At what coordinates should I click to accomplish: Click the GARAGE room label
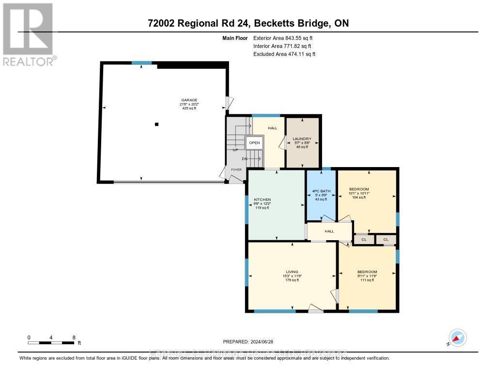point(189,100)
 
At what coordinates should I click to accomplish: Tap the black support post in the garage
point(156,124)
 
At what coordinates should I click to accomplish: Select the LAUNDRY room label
point(302,139)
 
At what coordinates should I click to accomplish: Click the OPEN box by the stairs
point(254,143)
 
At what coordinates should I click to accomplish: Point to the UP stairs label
point(235,150)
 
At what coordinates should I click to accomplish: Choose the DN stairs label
point(245,158)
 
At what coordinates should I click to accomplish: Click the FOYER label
point(236,170)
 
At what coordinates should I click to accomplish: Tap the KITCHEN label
point(262,199)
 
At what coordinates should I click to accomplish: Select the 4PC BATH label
point(321,191)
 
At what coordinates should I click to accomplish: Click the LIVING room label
point(292,272)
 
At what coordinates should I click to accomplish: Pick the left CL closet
point(364,239)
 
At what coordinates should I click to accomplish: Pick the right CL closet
point(386,239)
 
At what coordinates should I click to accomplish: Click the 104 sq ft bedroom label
point(359,189)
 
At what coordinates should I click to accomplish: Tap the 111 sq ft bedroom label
point(367,272)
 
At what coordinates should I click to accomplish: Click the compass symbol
point(457,338)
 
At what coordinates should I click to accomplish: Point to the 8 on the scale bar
point(74,337)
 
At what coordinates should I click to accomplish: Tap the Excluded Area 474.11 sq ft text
point(284,54)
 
